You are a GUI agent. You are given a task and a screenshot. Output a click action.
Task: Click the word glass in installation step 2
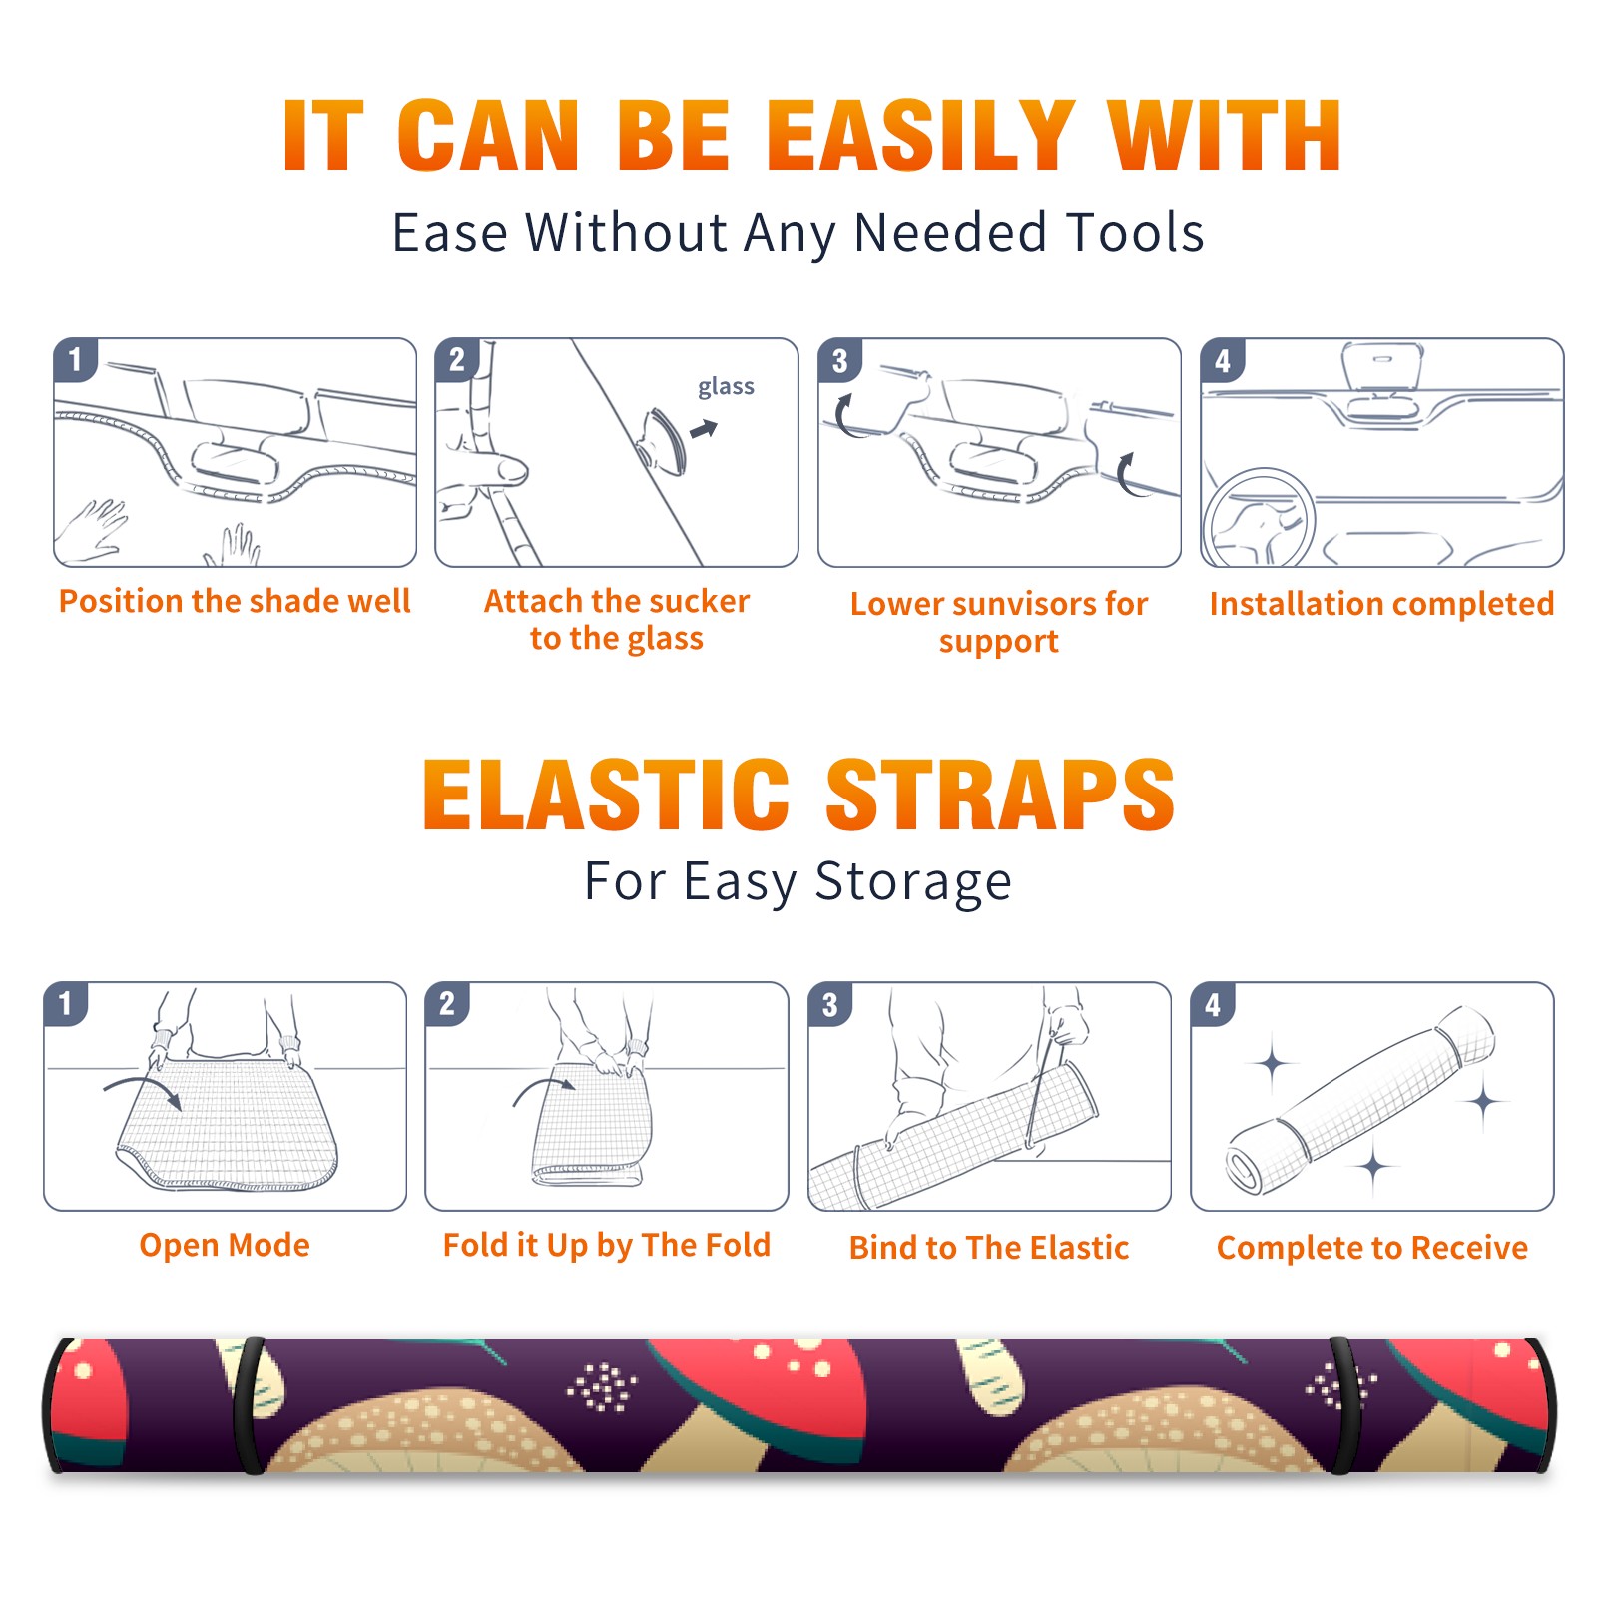[x=726, y=387]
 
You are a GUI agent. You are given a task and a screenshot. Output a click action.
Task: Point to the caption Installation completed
[x=1381, y=603]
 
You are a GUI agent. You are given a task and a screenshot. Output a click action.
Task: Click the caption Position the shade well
[x=235, y=601]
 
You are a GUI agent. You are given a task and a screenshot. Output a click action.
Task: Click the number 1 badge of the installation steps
[x=76, y=359]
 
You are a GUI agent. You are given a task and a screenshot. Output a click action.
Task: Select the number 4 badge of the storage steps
[x=1213, y=1004]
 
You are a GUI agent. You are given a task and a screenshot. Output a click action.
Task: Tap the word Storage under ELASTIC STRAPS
[x=913, y=882]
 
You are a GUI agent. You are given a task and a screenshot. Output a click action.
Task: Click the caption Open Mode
[x=225, y=1245]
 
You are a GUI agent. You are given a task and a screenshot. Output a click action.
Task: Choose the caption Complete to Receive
[x=1372, y=1248]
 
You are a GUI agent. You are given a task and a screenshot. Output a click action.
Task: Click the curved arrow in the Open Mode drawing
[x=143, y=1088]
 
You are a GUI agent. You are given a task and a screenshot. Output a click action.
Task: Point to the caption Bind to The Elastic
[x=989, y=1248]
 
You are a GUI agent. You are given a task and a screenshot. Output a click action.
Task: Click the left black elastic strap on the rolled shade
[x=249, y=1405]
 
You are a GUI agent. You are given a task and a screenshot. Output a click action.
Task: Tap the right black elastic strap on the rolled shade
[x=1342, y=1405]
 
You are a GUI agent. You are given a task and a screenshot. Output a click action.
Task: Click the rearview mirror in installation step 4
[x=1381, y=367]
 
